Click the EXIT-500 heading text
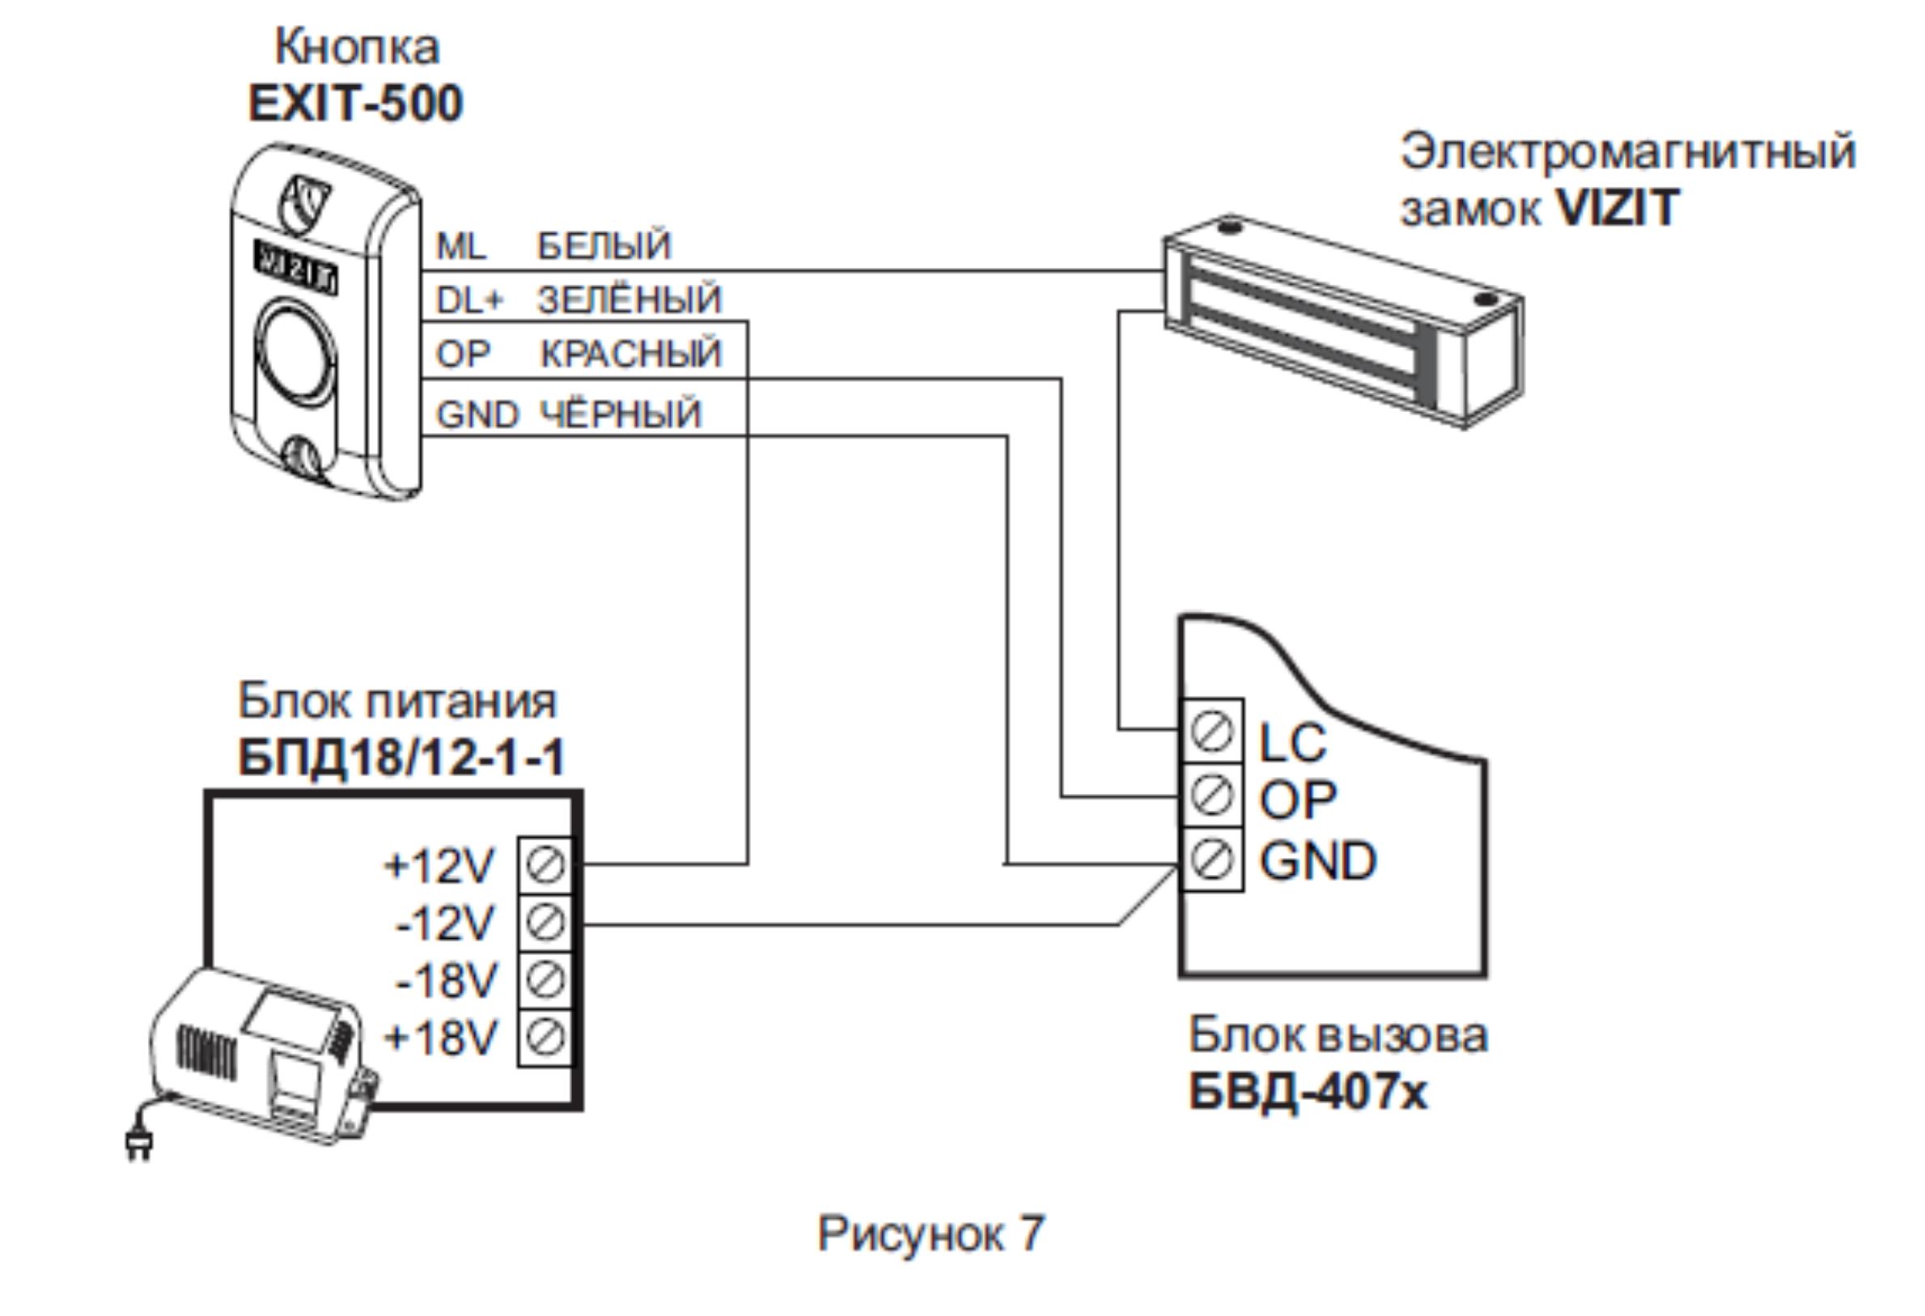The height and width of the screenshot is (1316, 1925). click(355, 104)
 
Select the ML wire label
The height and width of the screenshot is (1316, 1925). click(461, 246)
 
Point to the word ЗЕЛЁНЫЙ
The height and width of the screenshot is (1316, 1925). click(630, 299)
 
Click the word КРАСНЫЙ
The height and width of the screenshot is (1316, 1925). click(631, 354)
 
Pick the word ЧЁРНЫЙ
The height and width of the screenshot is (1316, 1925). click(621, 414)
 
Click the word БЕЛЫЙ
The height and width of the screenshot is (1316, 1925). click(604, 246)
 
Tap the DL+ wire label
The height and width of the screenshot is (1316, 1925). click(469, 300)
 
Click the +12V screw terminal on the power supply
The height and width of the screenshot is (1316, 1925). click(545, 865)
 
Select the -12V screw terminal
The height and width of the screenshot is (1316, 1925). click(545, 923)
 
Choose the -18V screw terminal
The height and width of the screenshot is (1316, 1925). click(545, 980)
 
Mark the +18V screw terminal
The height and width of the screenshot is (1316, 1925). click(545, 1037)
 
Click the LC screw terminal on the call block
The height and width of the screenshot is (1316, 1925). click(1212, 732)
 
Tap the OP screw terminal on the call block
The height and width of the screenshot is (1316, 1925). click(1212, 796)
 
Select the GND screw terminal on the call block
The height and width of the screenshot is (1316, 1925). click(1212, 860)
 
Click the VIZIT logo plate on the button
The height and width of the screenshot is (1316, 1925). click(295, 269)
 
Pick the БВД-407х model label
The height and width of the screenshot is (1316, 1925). click(1308, 1093)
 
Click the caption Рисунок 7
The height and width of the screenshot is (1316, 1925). click(931, 1233)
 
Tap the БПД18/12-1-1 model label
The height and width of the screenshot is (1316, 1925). click(401, 757)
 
